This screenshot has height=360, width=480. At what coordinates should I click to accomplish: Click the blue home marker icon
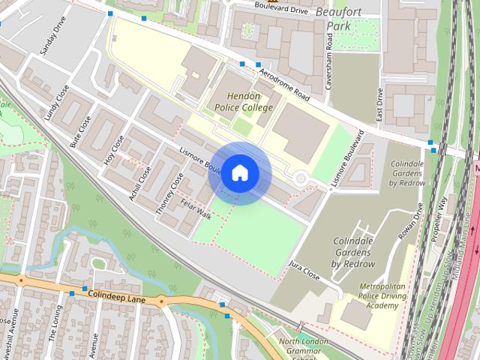(239, 173)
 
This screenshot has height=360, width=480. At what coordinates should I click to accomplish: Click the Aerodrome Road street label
(285, 84)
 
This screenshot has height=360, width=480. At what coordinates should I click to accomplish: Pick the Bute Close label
(80, 130)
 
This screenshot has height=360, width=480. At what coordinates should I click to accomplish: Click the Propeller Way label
(442, 218)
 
